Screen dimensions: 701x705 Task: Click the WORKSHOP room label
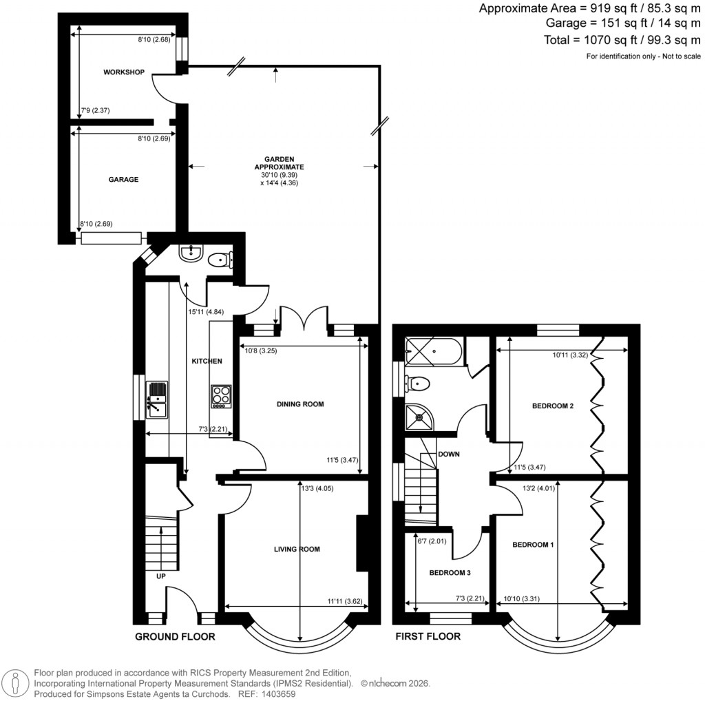pos(124,72)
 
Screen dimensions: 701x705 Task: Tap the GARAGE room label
pos(123,180)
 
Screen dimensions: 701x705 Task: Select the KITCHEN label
pos(207,362)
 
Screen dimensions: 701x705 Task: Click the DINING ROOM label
pos(299,404)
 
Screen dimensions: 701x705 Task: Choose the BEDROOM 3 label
pos(450,572)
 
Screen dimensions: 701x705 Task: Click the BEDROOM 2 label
pos(553,406)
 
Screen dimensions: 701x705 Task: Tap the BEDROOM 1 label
pos(533,545)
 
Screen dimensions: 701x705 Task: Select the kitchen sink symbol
pos(158,400)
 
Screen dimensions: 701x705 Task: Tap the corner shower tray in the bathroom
pos(418,415)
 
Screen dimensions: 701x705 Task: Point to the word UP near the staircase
pos(160,575)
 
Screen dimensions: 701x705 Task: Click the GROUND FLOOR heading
pos(175,636)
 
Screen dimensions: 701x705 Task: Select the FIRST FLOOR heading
pos(428,636)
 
